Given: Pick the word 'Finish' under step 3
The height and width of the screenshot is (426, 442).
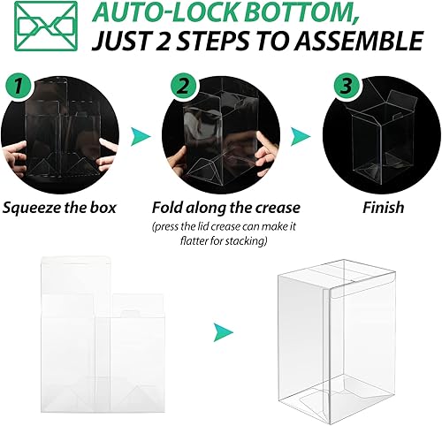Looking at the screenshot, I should pos(383,209).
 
